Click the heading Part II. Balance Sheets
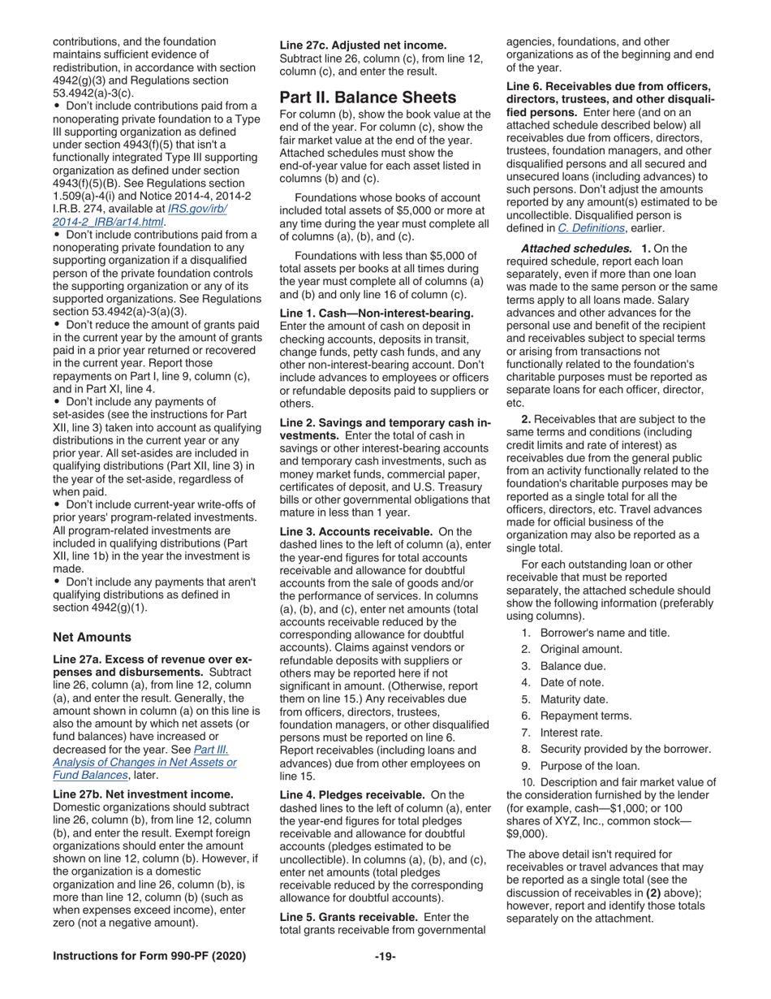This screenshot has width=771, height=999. (x=368, y=97)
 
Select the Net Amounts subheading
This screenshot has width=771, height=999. (x=92, y=637)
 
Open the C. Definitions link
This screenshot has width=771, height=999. (x=590, y=228)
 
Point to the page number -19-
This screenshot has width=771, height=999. (x=385, y=956)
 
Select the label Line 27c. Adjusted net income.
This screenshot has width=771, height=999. (x=363, y=45)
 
